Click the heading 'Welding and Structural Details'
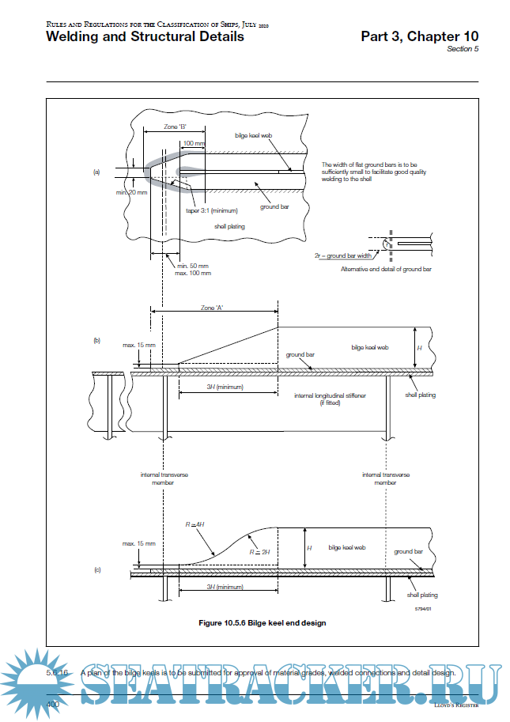[x=145, y=36]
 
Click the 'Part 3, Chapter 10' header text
[x=419, y=36]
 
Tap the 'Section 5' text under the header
[x=463, y=49]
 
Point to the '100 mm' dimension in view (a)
[x=194, y=144]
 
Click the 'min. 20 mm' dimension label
[x=131, y=192]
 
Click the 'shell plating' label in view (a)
[x=229, y=226]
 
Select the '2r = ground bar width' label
[x=342, y=256]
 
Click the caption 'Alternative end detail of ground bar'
[x=386, y=270]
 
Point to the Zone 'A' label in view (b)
[x=213, y=307]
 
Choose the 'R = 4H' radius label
[x=195, y=524]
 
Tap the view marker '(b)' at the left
[x=96, y=341]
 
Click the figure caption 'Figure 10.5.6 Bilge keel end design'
[x=262, y=622]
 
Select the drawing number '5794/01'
[x=425, y=608]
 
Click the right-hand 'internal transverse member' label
[x=385, y=478]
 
